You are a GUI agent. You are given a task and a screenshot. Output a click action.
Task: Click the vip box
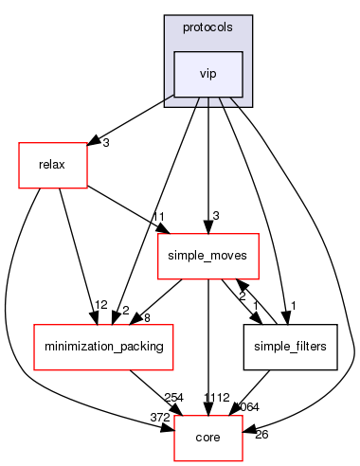[207, 75]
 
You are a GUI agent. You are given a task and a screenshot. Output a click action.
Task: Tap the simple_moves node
[207, 256]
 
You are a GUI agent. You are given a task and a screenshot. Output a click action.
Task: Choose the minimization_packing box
[102, 347]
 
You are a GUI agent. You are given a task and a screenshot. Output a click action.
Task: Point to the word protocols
[207, 27]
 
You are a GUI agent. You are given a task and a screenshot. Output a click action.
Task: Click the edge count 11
[133, 217]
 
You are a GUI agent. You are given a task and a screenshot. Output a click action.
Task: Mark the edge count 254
[174, 397]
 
